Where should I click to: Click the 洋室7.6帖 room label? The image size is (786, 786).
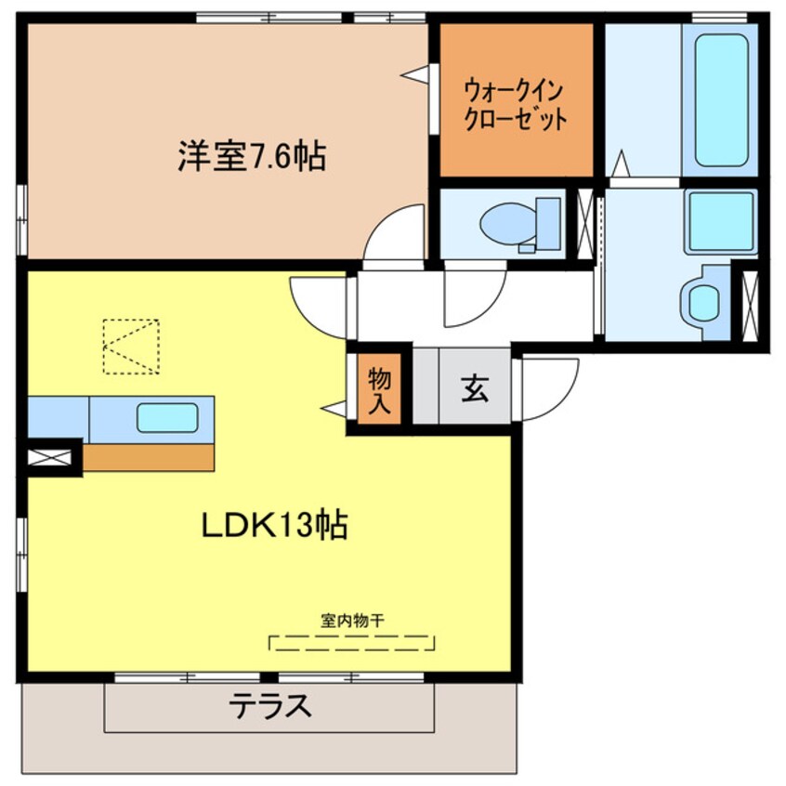tap(252, 156)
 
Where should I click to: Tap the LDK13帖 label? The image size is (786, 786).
tap(275, 526)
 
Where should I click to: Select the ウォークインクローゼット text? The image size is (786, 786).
tap(515, 106)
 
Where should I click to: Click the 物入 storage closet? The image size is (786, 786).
tap(379, 389)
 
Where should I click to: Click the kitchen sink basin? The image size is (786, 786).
tap(167, 418)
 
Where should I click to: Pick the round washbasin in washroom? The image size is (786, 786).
tap(703, 302)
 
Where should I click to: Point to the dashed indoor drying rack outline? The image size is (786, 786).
tap(352, 642)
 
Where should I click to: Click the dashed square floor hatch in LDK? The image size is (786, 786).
tap(130, 346)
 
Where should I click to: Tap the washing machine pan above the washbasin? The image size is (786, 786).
tap(720, 222)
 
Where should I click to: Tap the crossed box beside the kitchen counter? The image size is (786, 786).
tap(48, 457)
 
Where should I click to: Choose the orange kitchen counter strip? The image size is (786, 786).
tap(149, 456)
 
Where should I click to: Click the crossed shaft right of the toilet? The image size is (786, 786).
tap(584, 223)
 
